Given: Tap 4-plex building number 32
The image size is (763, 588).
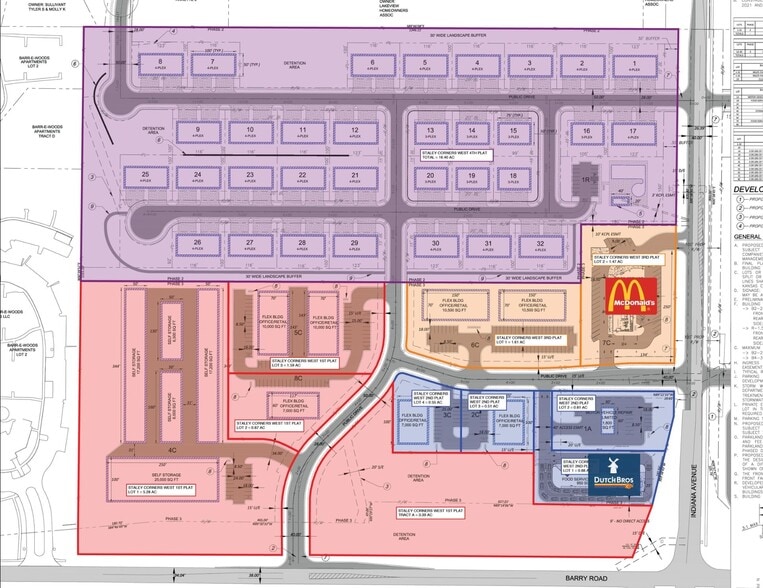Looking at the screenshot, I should click(x=539, y=246).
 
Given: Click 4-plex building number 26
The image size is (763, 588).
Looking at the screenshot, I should click(x=198, y=246).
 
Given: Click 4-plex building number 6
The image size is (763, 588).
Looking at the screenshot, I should click(x=371, y=66).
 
